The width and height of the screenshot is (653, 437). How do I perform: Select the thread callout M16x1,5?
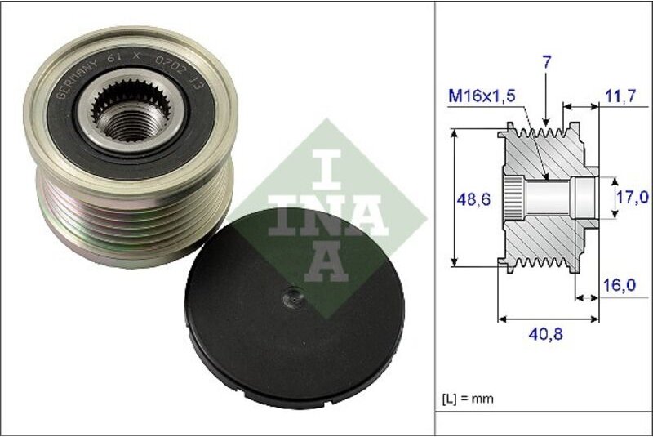pyautogui.click(x=482, y=96)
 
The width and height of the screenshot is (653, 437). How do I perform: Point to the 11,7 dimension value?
pyautogui.click(x=624, y=96)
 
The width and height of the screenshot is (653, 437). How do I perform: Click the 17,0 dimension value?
pyautogui.click(x=633, y=197)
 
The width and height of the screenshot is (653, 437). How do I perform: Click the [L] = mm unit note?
pyautogui.click(x=468, y=399)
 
